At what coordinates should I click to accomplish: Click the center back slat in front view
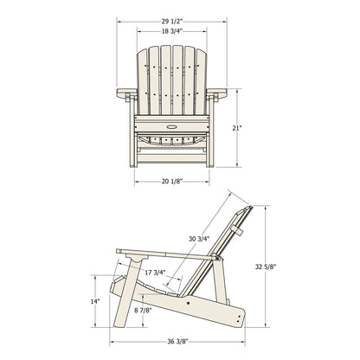(170, 78)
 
